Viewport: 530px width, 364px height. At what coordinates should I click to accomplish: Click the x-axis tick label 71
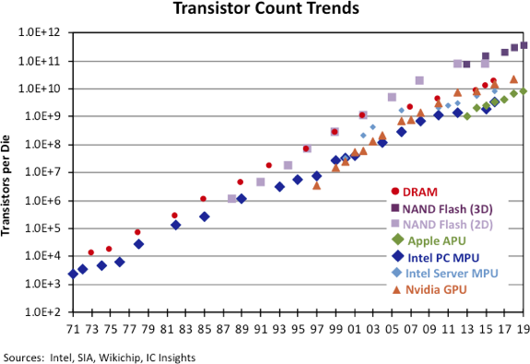pos(73,327)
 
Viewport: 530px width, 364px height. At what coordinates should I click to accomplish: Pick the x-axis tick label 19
pos(524,327)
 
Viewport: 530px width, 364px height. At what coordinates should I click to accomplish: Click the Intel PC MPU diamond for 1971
pos(73,275)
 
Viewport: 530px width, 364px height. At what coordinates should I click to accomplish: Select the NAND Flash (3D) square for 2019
pos(524,44)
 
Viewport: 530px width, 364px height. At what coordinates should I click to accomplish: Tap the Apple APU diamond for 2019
pos(524,90)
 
